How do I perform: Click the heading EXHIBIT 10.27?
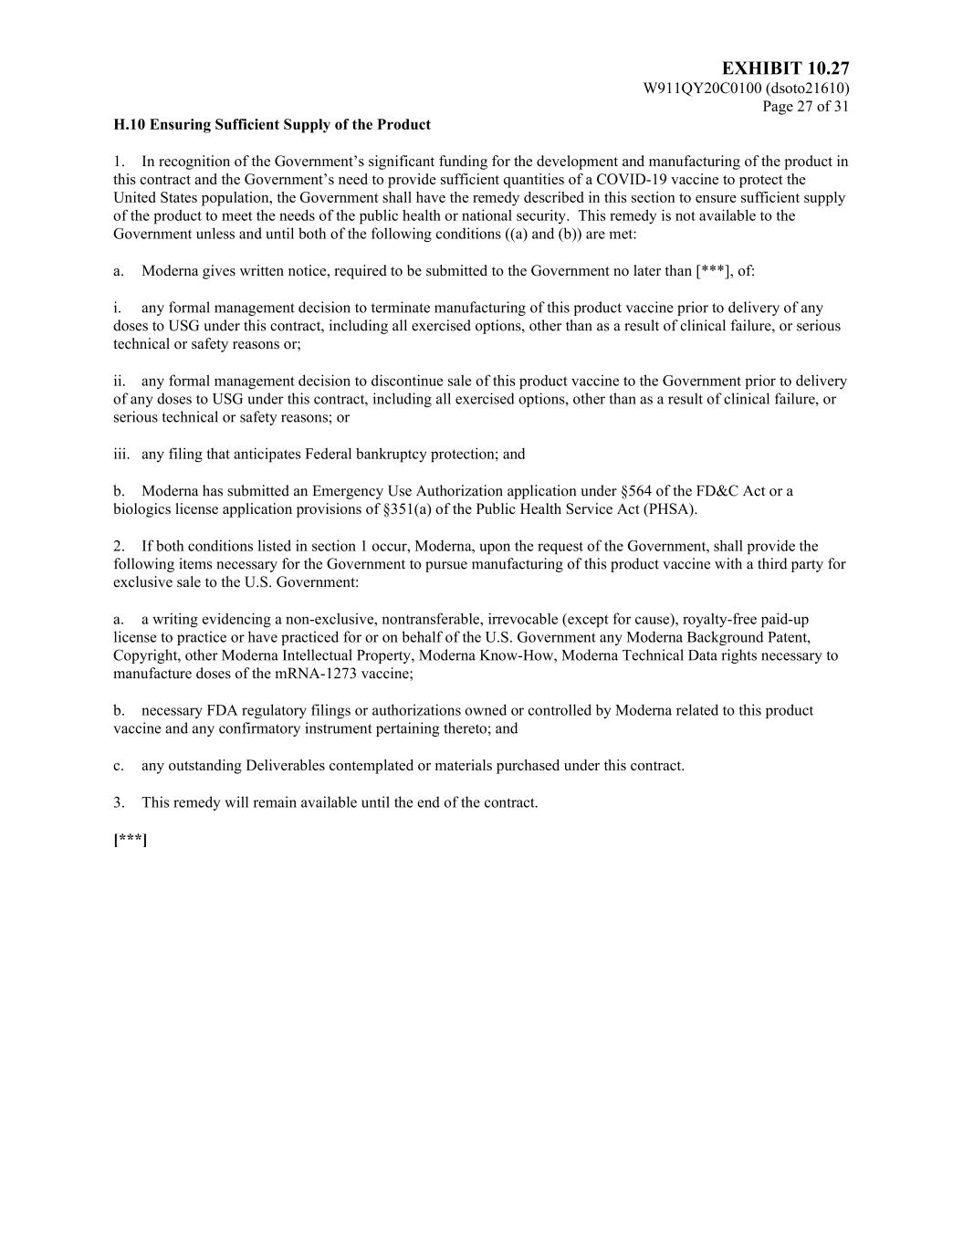(785, 69)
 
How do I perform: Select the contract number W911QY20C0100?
(702, 89)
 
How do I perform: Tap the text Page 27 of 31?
(806, 107)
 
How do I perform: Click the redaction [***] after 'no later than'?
(714, 271)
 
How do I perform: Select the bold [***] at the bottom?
(131, 840)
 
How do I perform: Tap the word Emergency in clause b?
(344, 491)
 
